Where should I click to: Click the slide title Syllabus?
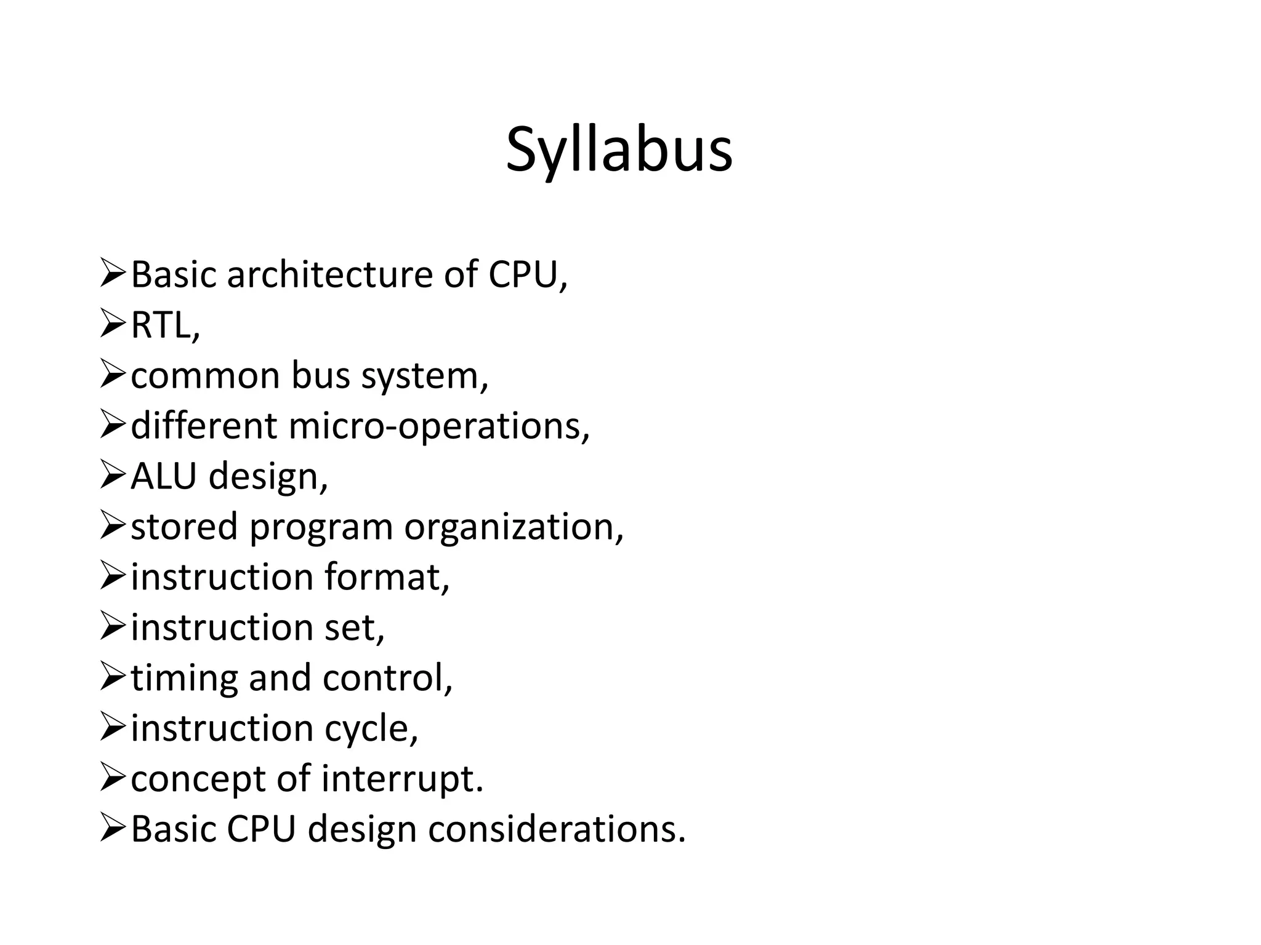(x=619, y=150)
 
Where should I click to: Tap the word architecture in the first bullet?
(x=329, y=274)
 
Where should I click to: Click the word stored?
(x=184, y=527)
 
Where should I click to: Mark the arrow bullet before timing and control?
(x=113, y=677)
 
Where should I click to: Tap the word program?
(x=321, y=528)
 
